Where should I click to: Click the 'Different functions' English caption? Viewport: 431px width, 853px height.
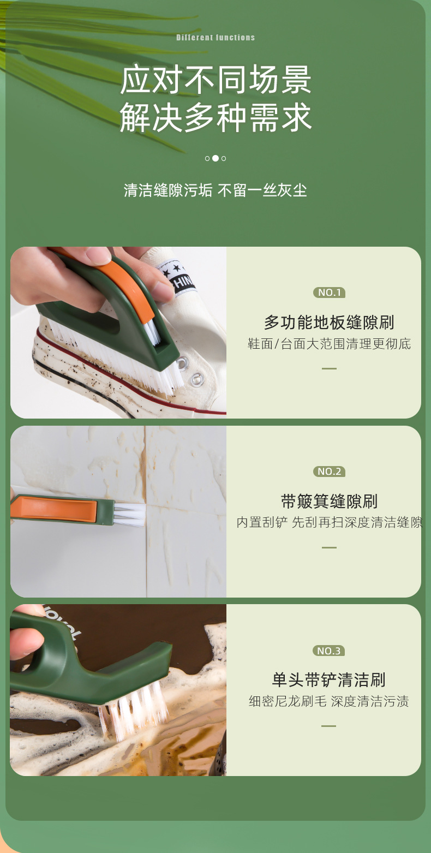[215, 38]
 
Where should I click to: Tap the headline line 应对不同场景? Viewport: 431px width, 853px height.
[215, 80]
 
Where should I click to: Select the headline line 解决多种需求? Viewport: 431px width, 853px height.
[215, 117]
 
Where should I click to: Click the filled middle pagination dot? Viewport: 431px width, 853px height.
[215, 158]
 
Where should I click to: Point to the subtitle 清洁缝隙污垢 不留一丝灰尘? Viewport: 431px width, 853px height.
[215, 190]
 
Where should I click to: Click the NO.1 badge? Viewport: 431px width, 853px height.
[329, 293]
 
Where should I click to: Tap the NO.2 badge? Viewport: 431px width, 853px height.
[329, 472]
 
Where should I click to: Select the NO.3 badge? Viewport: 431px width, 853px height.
[329, 651]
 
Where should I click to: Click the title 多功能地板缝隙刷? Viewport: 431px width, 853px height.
[329, 323]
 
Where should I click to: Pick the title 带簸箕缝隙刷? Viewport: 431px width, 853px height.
[329, 501]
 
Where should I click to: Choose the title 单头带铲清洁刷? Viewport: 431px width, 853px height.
[329, 680]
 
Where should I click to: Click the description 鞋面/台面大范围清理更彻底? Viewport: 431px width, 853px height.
[329, 344]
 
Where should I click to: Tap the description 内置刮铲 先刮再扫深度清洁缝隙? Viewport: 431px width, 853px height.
[329, 522]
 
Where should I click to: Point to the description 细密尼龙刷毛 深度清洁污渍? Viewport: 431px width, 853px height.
[329, 701]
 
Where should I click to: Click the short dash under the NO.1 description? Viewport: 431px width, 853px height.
[329, 368]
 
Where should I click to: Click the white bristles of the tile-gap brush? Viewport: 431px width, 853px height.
[130, 515]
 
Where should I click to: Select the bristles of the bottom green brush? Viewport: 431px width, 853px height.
[134, 709]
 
